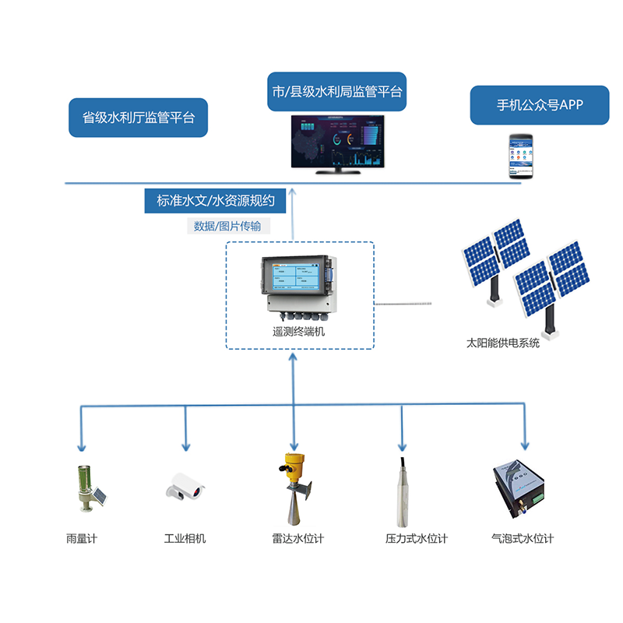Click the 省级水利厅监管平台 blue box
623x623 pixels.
tap(138, 118)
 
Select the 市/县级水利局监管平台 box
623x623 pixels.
tap(336, 92)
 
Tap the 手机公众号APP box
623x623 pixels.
tap(539, 105)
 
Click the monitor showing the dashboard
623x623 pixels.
tap(336, 142)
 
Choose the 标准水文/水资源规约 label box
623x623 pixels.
tap(215, 200)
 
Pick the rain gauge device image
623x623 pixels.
tap(86, 489)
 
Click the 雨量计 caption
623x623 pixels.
tap(82, 538)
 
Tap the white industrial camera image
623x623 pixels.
tap(186, 486)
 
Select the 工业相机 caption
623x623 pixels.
tap(185, 538)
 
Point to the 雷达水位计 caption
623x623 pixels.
tap(297, 538)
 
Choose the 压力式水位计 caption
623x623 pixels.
tap(417, 538)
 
